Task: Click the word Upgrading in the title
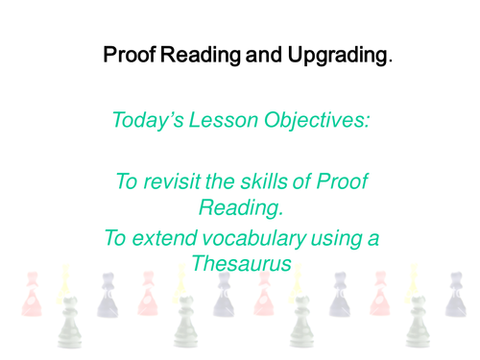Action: (x=332, y=54)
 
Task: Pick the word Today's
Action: (x=148, y=121)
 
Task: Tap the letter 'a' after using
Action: (x=372, y=241)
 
